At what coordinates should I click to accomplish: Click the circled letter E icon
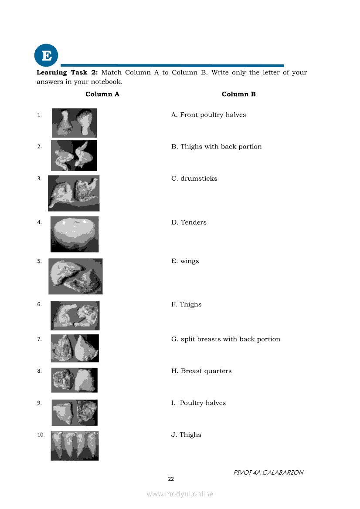pyautogui.click(x=46, y=56)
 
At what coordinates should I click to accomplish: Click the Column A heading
pyautogui.click(x=102, y=94)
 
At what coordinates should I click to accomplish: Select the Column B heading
pyautogui.click(x=238, y=94)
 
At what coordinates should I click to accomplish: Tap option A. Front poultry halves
pyautogui.click(x=208, y=115)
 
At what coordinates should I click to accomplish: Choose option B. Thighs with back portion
pyautogui.click(x=216, y=147)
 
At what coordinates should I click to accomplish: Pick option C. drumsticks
pyautogui.click(x=194, y=179)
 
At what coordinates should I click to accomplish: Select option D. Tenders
pyautogui.click(x=189, y=222)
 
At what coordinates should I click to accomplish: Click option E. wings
pyautogui.click(x=185, y=261)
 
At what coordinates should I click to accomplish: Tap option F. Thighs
pyautogui.click(x=186, y=304)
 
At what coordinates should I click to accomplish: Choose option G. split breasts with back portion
pyautogui.click(x=225, y=339)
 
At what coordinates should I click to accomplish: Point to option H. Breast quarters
pyautogui.click(x=201, y=371)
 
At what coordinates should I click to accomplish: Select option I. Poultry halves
pyautogui.click(x=198, y=403)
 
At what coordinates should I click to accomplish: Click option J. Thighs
pyautogui.click(x=186, y=435)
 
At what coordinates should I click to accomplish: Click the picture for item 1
pyautogui.click(x=74, y=123)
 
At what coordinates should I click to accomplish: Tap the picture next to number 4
pyautogui.click(x=75, y=234)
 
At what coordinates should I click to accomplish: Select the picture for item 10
pyautogui.click(x=75, y=445)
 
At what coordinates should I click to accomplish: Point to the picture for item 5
pyautogui.click(x=75, y=276)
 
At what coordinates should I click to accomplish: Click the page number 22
pyautogui.click(x=171, y=479)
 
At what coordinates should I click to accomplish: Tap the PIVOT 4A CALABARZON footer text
pyautogui.click(x=268, y=472)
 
